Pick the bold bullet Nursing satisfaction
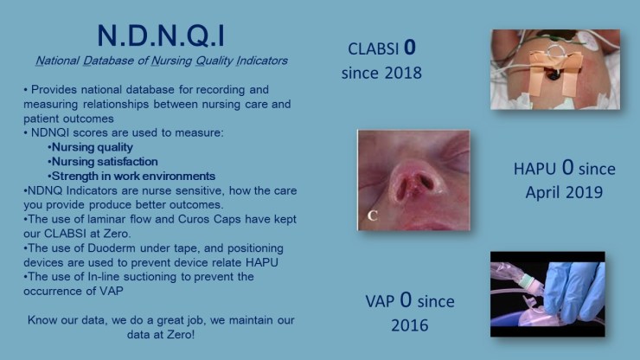point(103,161)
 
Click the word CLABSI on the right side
point(374,48)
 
